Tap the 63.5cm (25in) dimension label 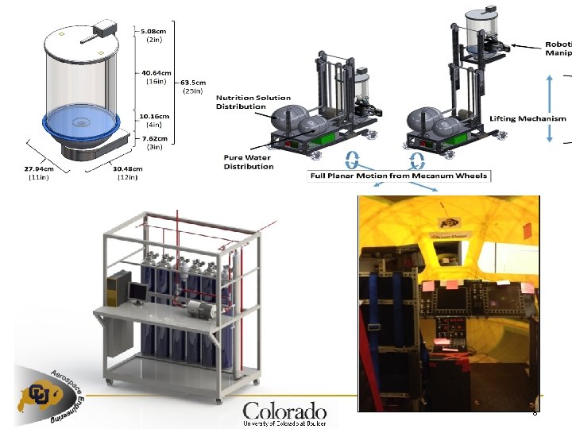pyautogui.click(x=193, y=86)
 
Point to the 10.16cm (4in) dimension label pyautogui.click(x=153, y=119)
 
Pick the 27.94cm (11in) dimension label pyautogui.click(x=39, y=172)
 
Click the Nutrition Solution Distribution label pyautogui.click(x=253, y=102)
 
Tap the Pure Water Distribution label pyautogui.click(x=248, y=161)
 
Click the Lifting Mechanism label pyautogui.click(x=528, y=118)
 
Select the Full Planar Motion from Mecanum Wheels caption pyautogui.click(x=399, y=175)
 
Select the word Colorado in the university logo pyautogui.click(x=284, y=411)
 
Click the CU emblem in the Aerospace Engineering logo pyautogui.click(x=41, y=393)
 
